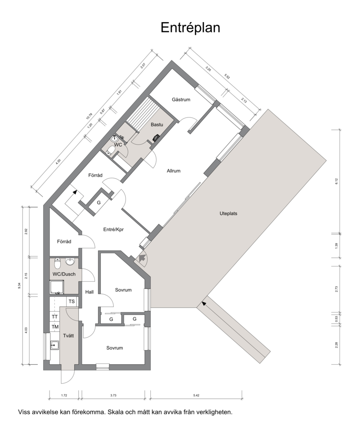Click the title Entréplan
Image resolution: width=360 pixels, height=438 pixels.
[190, 28]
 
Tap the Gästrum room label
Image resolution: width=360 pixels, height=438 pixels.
[181, 99]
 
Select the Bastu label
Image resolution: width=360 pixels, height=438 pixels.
[157, 125]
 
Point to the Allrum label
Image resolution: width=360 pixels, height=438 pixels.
[173, 171]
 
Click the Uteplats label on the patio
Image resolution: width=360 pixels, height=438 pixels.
[228, 213]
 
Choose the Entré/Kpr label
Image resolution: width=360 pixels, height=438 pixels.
[113, 230]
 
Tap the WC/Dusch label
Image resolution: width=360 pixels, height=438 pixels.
[64, 274]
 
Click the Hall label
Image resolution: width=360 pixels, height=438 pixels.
[90, 292]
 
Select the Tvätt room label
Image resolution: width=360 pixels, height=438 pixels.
[68, 335]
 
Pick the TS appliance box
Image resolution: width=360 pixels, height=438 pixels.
[72, 302]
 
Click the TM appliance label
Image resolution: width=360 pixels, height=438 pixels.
[55, 327]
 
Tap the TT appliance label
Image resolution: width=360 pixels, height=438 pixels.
[55, 317]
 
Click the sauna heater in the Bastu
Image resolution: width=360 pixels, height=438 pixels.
[156, 137]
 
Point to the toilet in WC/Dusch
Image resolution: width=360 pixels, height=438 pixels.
[57, 262]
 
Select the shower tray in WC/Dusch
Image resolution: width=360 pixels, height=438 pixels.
[57, 288]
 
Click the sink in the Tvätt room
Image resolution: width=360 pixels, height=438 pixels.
[55, 345]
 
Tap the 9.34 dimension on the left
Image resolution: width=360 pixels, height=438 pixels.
[19, 285]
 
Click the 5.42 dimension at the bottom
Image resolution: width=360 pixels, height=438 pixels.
[196, 395]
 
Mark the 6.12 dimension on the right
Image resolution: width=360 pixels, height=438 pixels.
[337, 181]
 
